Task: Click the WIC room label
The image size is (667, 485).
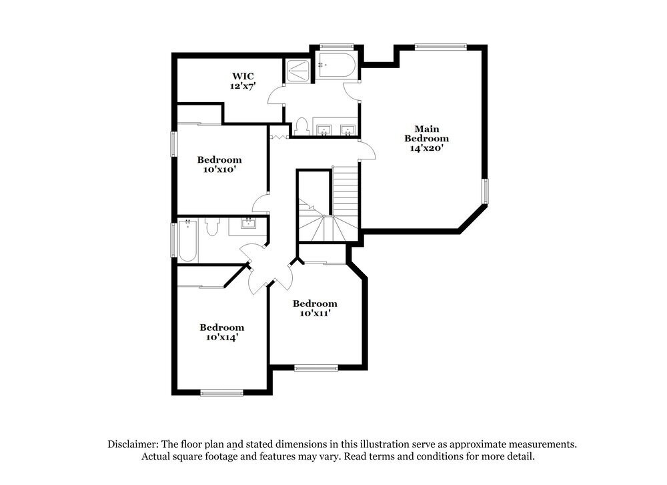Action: tap(243, 76)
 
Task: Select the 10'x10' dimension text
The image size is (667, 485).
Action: tap(219, 169)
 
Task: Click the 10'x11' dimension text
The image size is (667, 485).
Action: tap(315, 313)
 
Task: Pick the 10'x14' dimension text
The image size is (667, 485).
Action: tap(221, 338)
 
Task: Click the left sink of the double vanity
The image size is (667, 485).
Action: tap(325, 129)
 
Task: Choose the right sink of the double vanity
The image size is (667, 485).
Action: tap(348, 129)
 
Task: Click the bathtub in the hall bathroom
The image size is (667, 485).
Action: tap(187, 241)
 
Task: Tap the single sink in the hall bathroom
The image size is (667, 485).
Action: tap(249, 224)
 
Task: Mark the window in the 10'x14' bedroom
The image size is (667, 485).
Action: tap(222, 393)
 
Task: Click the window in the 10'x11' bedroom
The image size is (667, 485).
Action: tap(316, 367)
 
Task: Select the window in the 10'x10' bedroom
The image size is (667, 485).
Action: tap(173, 144)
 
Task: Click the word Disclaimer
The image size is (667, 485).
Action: tap(131, 444)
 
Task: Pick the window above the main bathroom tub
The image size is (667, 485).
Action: tap(336, 46)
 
